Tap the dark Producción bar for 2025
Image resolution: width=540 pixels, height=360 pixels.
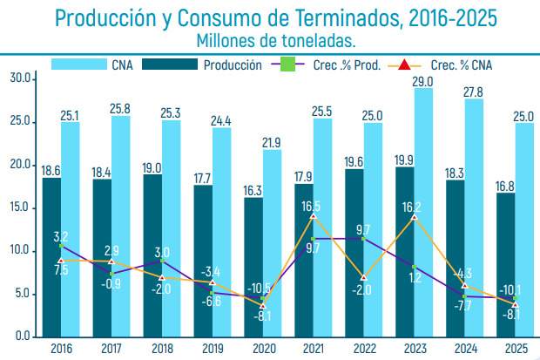505,262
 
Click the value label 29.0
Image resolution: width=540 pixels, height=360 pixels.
423,81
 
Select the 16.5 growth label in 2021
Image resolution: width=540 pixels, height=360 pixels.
312,207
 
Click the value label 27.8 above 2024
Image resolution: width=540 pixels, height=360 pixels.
474,92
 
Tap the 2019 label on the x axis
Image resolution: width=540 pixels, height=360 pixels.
212,349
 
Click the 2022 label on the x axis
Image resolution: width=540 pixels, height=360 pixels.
363,349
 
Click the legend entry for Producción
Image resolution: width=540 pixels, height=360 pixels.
233,65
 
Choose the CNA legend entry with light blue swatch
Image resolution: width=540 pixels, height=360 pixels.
121,65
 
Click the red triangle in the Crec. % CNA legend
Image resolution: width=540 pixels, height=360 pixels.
403,65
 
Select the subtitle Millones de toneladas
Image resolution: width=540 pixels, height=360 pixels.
276,40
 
